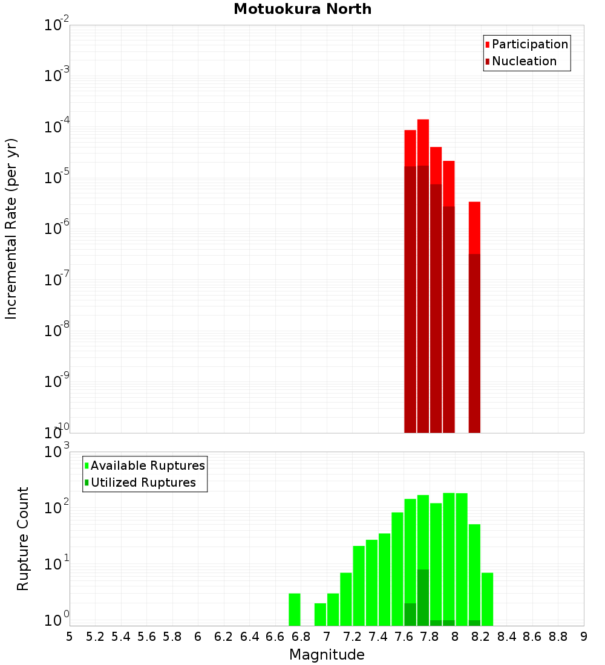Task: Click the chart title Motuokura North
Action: [302, 9]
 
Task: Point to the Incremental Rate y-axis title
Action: [11, 229]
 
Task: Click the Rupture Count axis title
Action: [23, 538]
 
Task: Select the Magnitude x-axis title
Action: [327, 655]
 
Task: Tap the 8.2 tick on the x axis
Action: [481, 636]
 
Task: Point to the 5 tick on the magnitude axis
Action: [70, 636]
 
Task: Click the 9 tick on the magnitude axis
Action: [584, 636]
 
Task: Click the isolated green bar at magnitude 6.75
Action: [295, 609]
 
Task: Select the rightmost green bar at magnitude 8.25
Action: [487, 598]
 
